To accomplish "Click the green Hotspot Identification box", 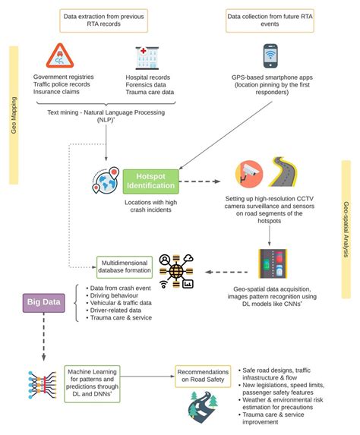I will coord(150,181).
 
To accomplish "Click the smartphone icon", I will coord(270,56).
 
